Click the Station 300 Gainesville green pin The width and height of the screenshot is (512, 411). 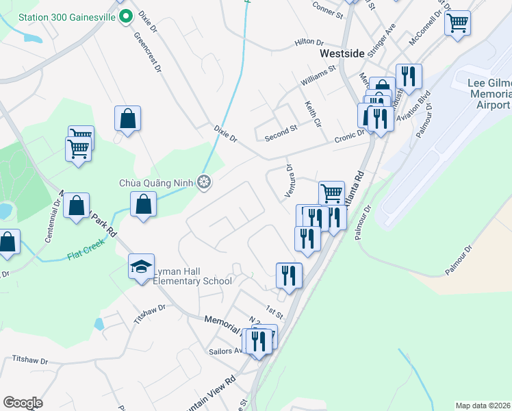pyautogui.click(x=125, y=16)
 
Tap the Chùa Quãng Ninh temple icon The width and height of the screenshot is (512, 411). pyautogui.click(x=203, y=182)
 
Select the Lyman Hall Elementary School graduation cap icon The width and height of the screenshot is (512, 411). pyautogui.click(x=142, y=266)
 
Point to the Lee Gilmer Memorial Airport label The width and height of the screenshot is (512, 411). pyautogui.click(x=489, y=94)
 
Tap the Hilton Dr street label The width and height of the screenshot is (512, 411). pyautogui.click(x=309, y=42)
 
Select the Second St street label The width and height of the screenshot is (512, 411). pyautogui.click(x=281, y=132)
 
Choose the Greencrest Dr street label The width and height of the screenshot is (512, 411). pyautogui.click(x=148, y=52)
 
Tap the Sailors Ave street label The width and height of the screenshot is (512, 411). pyautogui.click(x=227, y=351)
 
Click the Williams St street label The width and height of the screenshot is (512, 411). pyautogui.click(x=319, y=76)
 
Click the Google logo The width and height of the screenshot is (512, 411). pyautogui.click(x=23, y=403)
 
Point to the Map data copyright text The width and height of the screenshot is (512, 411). pyautogui.click(x=483, y=406)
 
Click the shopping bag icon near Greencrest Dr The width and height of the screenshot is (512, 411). pyautogui.click(x=128, y=119)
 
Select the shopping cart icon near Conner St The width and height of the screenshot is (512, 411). pyautogui.click(x=457, y=23)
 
